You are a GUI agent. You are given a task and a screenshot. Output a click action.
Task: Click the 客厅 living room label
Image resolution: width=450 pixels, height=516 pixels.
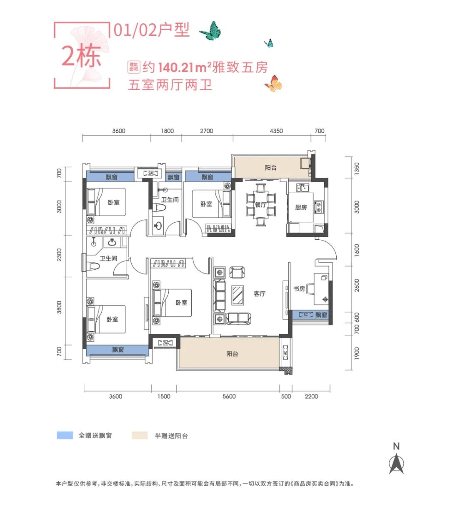(259, 294)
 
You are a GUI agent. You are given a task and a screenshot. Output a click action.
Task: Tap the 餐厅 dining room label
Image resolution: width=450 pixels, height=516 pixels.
(260, 205)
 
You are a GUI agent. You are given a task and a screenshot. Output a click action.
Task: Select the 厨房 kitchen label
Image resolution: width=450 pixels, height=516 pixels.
(301, 207)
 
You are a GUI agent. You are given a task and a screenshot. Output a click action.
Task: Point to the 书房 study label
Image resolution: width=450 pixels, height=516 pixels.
(299, 288)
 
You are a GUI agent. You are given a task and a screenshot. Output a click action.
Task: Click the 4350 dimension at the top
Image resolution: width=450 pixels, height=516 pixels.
(276, 131)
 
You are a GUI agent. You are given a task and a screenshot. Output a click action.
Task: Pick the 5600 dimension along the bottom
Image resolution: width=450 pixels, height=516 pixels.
(229, 396)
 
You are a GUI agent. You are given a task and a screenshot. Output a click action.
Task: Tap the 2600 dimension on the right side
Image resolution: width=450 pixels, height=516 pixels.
(357, 285)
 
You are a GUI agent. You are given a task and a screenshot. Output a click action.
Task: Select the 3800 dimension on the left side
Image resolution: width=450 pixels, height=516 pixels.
(59, 307)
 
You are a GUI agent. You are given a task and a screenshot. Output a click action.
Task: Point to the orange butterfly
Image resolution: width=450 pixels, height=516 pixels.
(273, 84)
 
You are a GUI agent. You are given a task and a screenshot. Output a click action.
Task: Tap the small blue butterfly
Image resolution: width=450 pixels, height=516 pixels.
(269, 42)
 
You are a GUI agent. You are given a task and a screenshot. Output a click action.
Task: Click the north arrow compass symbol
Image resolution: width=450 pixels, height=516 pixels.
(396, 463)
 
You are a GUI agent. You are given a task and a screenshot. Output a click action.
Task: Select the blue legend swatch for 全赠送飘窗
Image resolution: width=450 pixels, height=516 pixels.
(65, 436)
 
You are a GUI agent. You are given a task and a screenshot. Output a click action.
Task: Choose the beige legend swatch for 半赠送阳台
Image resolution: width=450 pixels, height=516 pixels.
(140, 436)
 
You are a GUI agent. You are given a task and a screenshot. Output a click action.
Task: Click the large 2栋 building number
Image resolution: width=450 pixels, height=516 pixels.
(81, 56)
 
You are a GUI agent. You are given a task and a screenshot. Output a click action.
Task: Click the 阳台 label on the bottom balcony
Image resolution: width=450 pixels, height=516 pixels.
(232, 354)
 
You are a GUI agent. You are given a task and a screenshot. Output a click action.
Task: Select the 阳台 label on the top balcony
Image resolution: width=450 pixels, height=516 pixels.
(270, 168)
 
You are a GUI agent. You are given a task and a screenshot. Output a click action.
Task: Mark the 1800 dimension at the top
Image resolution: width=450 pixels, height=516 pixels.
(167, 131)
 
